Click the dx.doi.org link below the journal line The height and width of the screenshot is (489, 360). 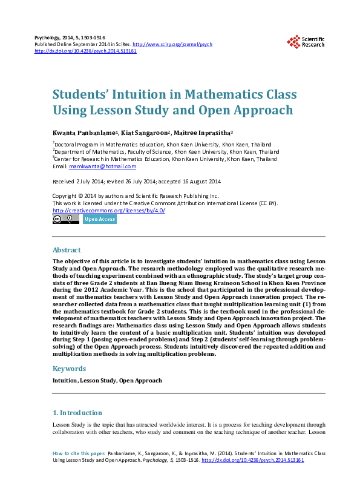(x=85, y=51)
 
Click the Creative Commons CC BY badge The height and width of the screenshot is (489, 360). (x=65, y=219)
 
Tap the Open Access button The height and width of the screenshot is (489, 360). (x=99, y=219)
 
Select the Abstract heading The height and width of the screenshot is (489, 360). (x=67, y=250)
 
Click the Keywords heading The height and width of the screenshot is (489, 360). (x=69, y=369)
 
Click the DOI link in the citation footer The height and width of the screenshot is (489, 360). (x=252, y=461)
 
